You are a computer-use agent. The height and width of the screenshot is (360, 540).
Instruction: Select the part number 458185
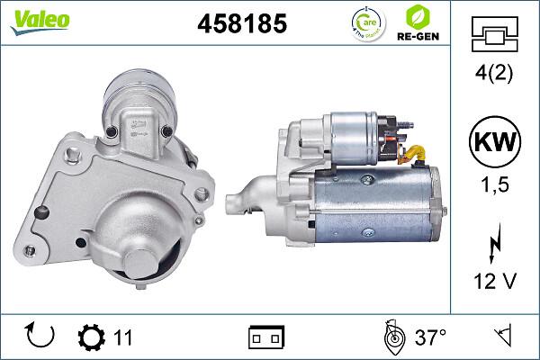tap(241, 25)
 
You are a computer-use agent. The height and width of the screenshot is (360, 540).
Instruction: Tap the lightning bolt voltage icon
tap(493, 246)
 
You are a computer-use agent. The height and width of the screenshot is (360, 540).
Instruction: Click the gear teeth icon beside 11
tap(92, 337)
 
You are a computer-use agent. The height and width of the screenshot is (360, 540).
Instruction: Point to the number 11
tap(123, 337)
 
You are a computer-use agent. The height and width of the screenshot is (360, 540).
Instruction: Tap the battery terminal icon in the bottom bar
tap(266, 337)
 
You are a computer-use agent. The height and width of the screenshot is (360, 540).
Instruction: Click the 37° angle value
tap(430, 337)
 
